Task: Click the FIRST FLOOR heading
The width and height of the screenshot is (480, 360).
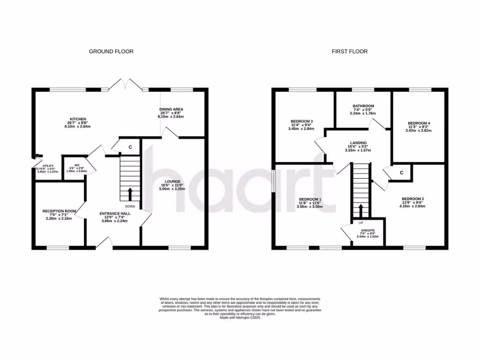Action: pos(350,52)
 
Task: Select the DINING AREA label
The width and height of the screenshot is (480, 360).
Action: pos(171,109)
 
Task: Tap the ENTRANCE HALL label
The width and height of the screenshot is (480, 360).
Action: pos(115,213)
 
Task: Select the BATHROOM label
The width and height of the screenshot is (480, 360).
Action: pos(363,106)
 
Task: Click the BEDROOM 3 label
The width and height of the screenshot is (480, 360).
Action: pos(302,121)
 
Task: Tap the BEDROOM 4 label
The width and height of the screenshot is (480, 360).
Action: pos(419,123)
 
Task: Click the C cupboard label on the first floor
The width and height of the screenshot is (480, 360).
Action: pos(402,172)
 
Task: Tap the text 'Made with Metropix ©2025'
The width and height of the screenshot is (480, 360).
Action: pos(240,317)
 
